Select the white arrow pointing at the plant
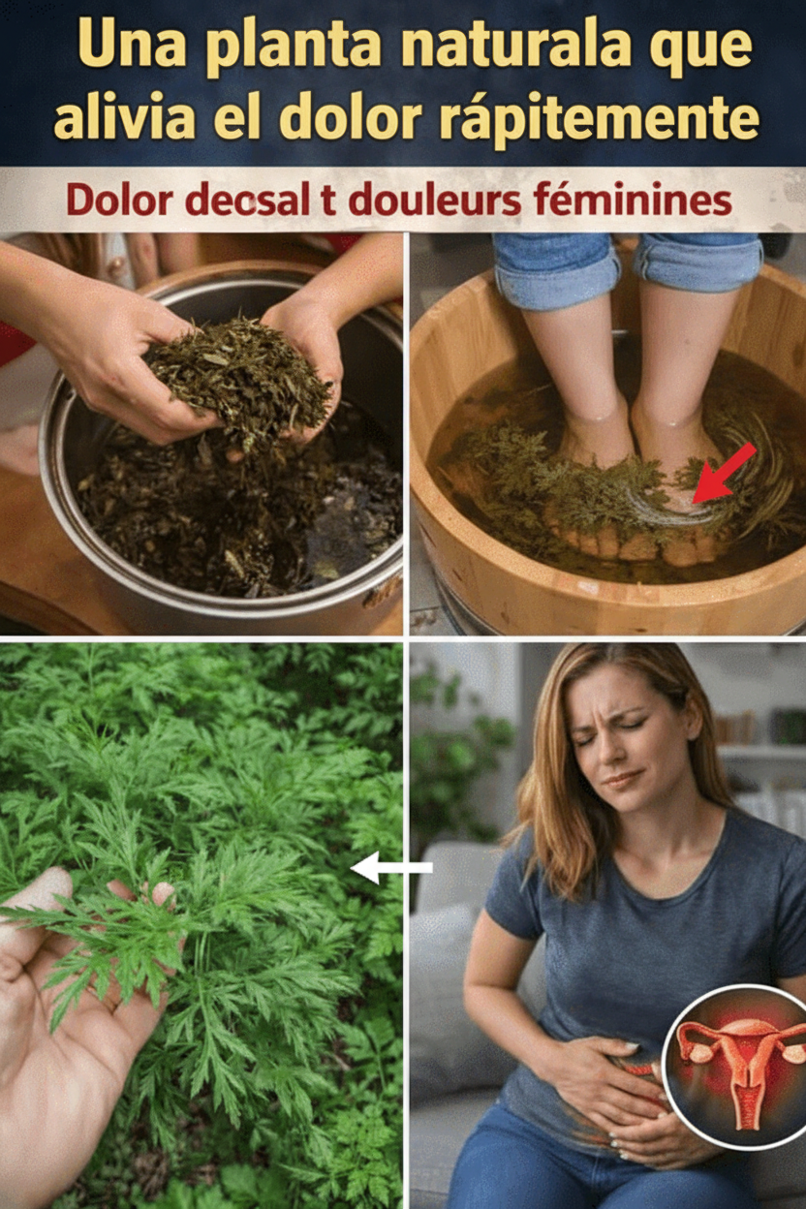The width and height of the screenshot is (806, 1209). click(391, 868)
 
